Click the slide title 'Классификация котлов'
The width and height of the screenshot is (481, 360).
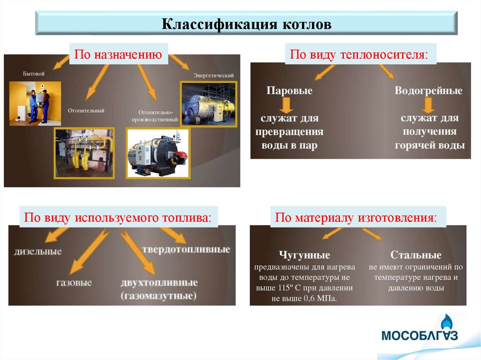point(247,24)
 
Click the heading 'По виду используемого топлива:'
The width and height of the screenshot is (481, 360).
point(118,218)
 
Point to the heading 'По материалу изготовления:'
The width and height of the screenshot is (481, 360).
point(356,218)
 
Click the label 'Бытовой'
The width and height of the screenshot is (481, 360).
point(34,74)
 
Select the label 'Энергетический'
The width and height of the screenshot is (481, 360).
point(213,75)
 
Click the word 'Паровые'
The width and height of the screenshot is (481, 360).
point(289,91)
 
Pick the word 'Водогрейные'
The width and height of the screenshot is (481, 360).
point(428,91)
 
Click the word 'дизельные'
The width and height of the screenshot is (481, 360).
point(39,252)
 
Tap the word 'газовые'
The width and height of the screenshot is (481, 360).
point(74,283)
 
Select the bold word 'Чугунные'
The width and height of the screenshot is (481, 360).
point(304,255)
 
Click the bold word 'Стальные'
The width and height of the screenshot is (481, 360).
point(416,255)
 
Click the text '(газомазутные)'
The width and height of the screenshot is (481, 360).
point(159,296)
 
